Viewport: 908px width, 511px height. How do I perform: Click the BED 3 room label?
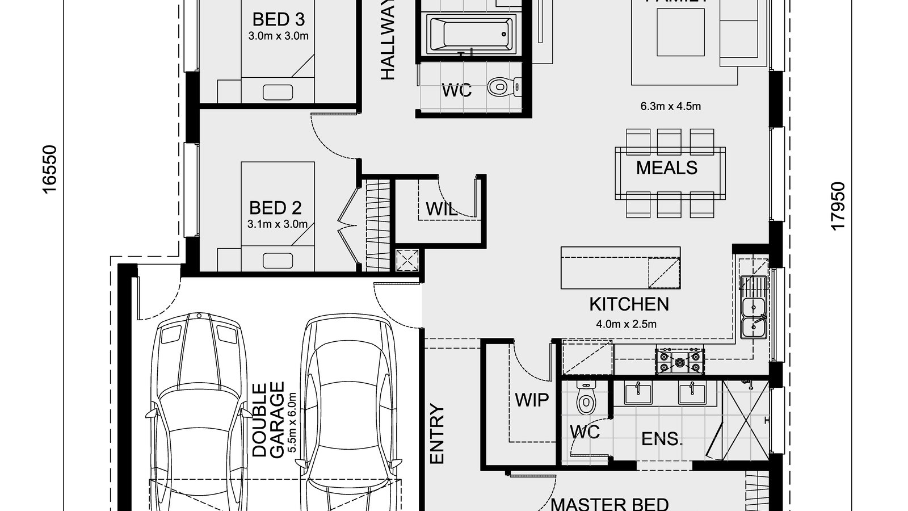click(278, 19)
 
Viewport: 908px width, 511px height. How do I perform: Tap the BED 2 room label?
click(275, 208)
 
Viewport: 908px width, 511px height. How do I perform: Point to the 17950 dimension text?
click(838, 206)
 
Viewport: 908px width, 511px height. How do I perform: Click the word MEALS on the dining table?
click(667, 168)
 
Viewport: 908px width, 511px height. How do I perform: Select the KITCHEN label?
click(629, 304)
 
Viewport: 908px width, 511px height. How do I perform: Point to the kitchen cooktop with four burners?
click(679, 360)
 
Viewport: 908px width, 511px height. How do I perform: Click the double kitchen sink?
click(754, 316)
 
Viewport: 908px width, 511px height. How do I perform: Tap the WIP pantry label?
click(532, 400)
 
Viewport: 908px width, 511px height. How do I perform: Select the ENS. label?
click(661, 439)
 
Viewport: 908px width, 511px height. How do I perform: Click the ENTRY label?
click(436, 434)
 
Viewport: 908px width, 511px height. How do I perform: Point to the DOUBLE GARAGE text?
click(268, 420)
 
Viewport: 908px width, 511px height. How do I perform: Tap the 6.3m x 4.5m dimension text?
click(670, 106)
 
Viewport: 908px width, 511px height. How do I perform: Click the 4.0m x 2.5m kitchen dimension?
click(626, 324)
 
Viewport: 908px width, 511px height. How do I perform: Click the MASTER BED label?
click(609, 504)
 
